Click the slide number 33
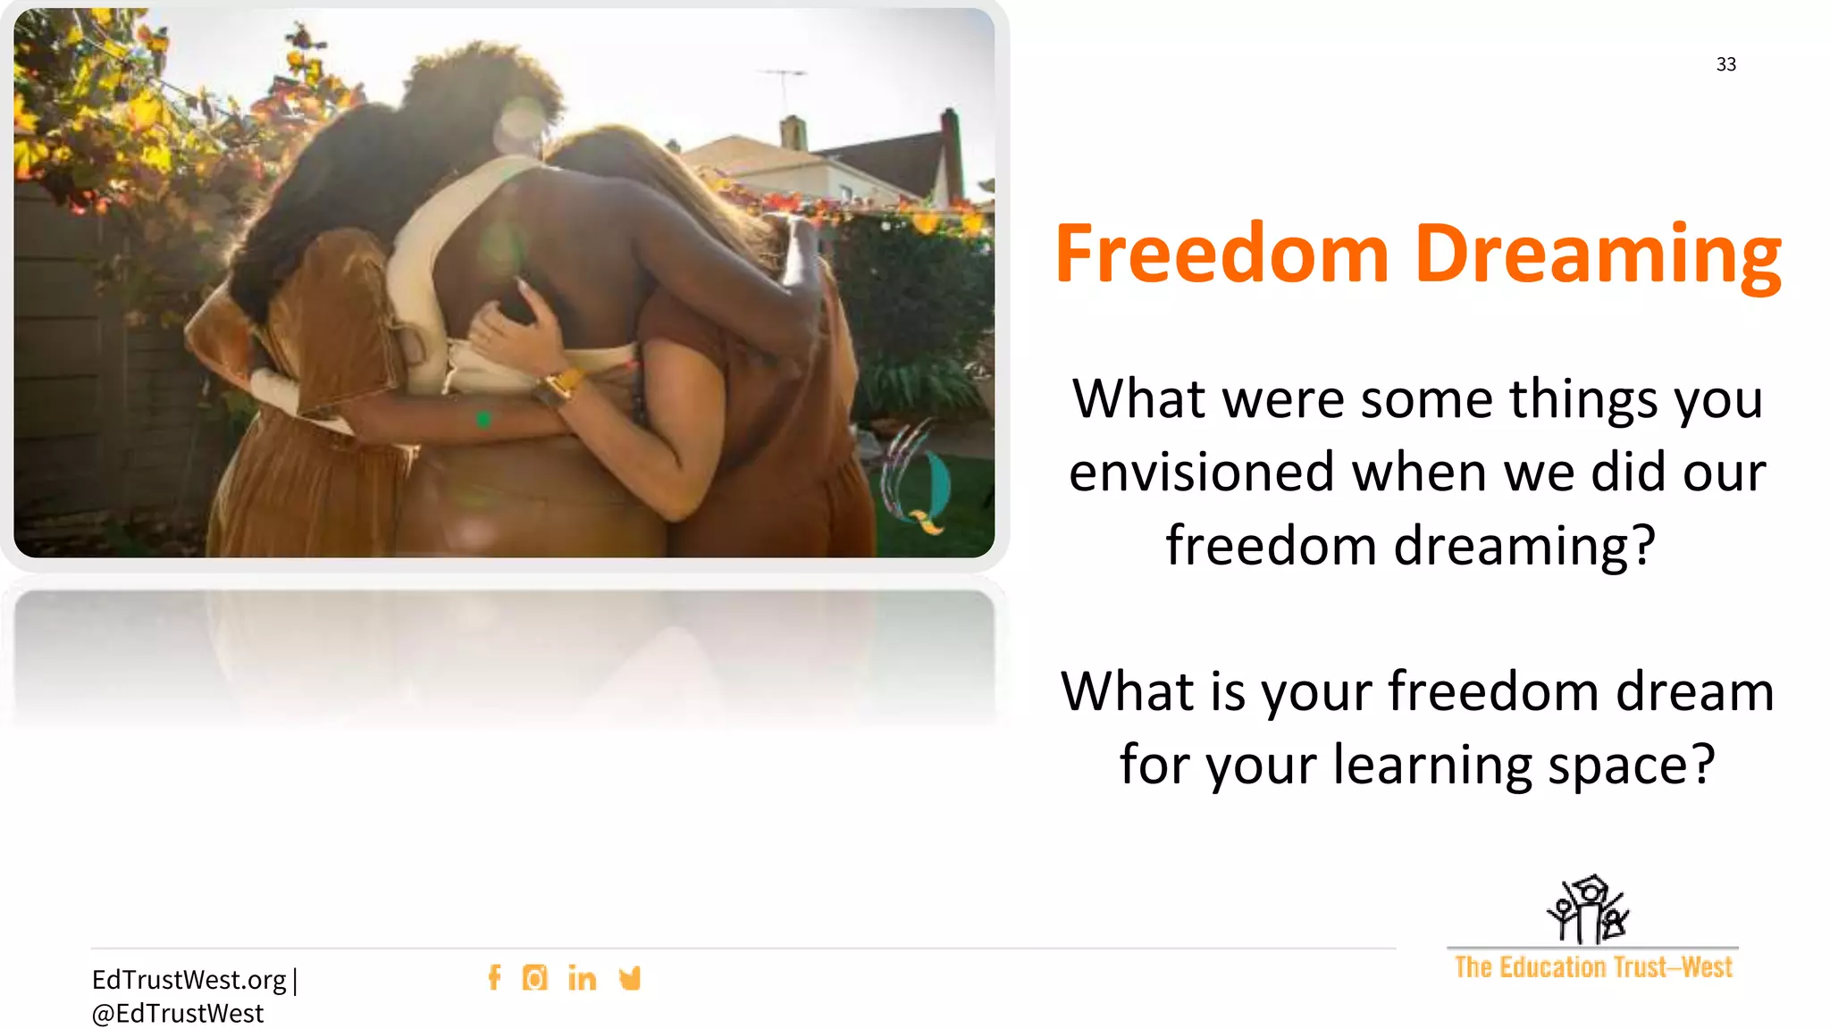click(x=1725, y=64)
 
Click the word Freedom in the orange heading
click(x=1221, y=255)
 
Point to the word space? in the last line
click(x=1631, y=765)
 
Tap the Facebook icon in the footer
click(x=494, y=977)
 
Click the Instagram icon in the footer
click(x=534, y=978)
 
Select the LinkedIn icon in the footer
click(x=582, y=978)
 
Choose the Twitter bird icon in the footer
click(x=630, y=978)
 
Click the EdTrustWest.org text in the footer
click(x=189, y=980)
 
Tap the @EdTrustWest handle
click(x=178, y=1014)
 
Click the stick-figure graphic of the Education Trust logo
click(x=1588, y=909)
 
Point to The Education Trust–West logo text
click(x=1592, y=967)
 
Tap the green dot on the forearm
click(x=483, y=419)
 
